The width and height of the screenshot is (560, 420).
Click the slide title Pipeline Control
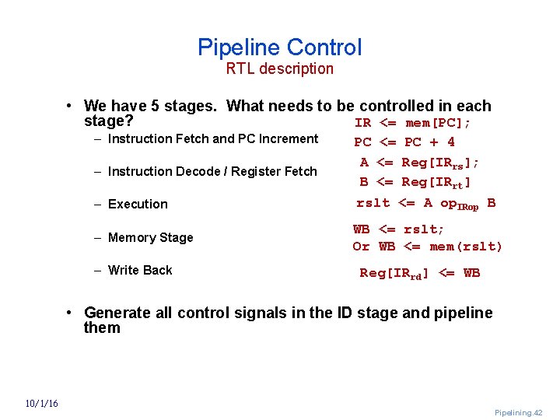(x=279, y=47)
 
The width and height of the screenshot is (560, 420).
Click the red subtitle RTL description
(x=279, y=68)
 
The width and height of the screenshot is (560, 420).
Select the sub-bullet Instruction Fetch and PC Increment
(x=213, y=139)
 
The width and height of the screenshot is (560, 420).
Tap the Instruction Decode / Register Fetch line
(x=212, y=172)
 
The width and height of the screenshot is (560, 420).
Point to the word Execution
(x=138, y=205)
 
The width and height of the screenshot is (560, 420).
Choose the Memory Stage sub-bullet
(x=150, y=238)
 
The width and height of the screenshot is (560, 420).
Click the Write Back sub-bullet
(x=140, y=271)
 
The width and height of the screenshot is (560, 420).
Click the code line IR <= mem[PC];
(x=413, y=123)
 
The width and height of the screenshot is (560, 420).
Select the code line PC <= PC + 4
(x=404, y=142)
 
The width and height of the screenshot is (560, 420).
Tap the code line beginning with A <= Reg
(x=419, y=163)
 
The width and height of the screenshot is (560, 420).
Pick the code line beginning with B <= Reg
(x=415, y=182)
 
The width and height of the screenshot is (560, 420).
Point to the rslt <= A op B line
(x=425, y=203)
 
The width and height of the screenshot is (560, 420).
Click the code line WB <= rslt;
(x=399, y=229)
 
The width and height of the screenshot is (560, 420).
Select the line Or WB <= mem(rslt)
(x=427, y=247)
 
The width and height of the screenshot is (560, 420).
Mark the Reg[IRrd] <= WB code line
(x=419, y=273)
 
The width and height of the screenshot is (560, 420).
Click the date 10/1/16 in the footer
(x=40, y=403)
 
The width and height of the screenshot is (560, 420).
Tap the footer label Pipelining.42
(x=518, y=413)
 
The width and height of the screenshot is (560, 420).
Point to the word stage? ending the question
(x=108, y=121)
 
